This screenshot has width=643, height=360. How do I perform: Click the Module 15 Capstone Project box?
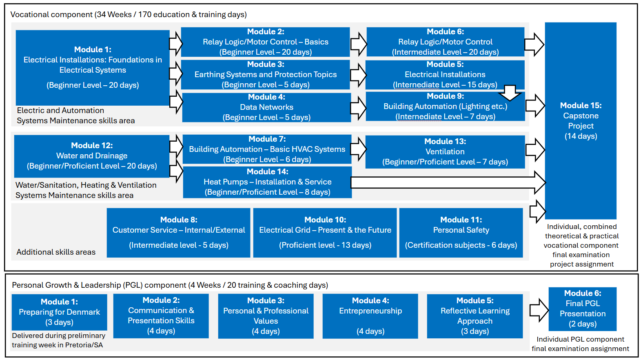point(580,121)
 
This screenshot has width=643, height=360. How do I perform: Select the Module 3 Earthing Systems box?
point(265,75)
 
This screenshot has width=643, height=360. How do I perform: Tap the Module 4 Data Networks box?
point(266,107)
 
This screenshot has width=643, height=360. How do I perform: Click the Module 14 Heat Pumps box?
point(267,182)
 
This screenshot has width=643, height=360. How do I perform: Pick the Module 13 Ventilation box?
point(445,152)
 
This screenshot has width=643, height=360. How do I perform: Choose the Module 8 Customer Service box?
point(178,233)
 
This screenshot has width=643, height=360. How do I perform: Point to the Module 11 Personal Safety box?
point(461,233)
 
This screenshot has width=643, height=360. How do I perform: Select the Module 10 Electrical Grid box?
point(325,233)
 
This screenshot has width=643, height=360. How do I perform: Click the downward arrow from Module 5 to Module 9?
point(510,93)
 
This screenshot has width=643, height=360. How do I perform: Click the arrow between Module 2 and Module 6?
point(359,43)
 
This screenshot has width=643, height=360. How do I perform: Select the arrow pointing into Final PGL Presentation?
point(539,310)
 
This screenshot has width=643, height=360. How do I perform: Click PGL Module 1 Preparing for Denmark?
point(59,312)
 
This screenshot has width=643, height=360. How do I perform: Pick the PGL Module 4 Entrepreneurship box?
point(370,316)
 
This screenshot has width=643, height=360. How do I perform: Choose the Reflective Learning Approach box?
point(474,316)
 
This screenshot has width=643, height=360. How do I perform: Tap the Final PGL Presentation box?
point(582,309)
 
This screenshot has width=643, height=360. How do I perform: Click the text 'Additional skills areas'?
point(56,252)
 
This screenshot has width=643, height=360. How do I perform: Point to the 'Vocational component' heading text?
point(128,15)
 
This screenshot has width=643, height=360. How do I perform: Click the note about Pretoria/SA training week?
point(58,340)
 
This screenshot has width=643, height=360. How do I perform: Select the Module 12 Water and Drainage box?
point(92,156)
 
